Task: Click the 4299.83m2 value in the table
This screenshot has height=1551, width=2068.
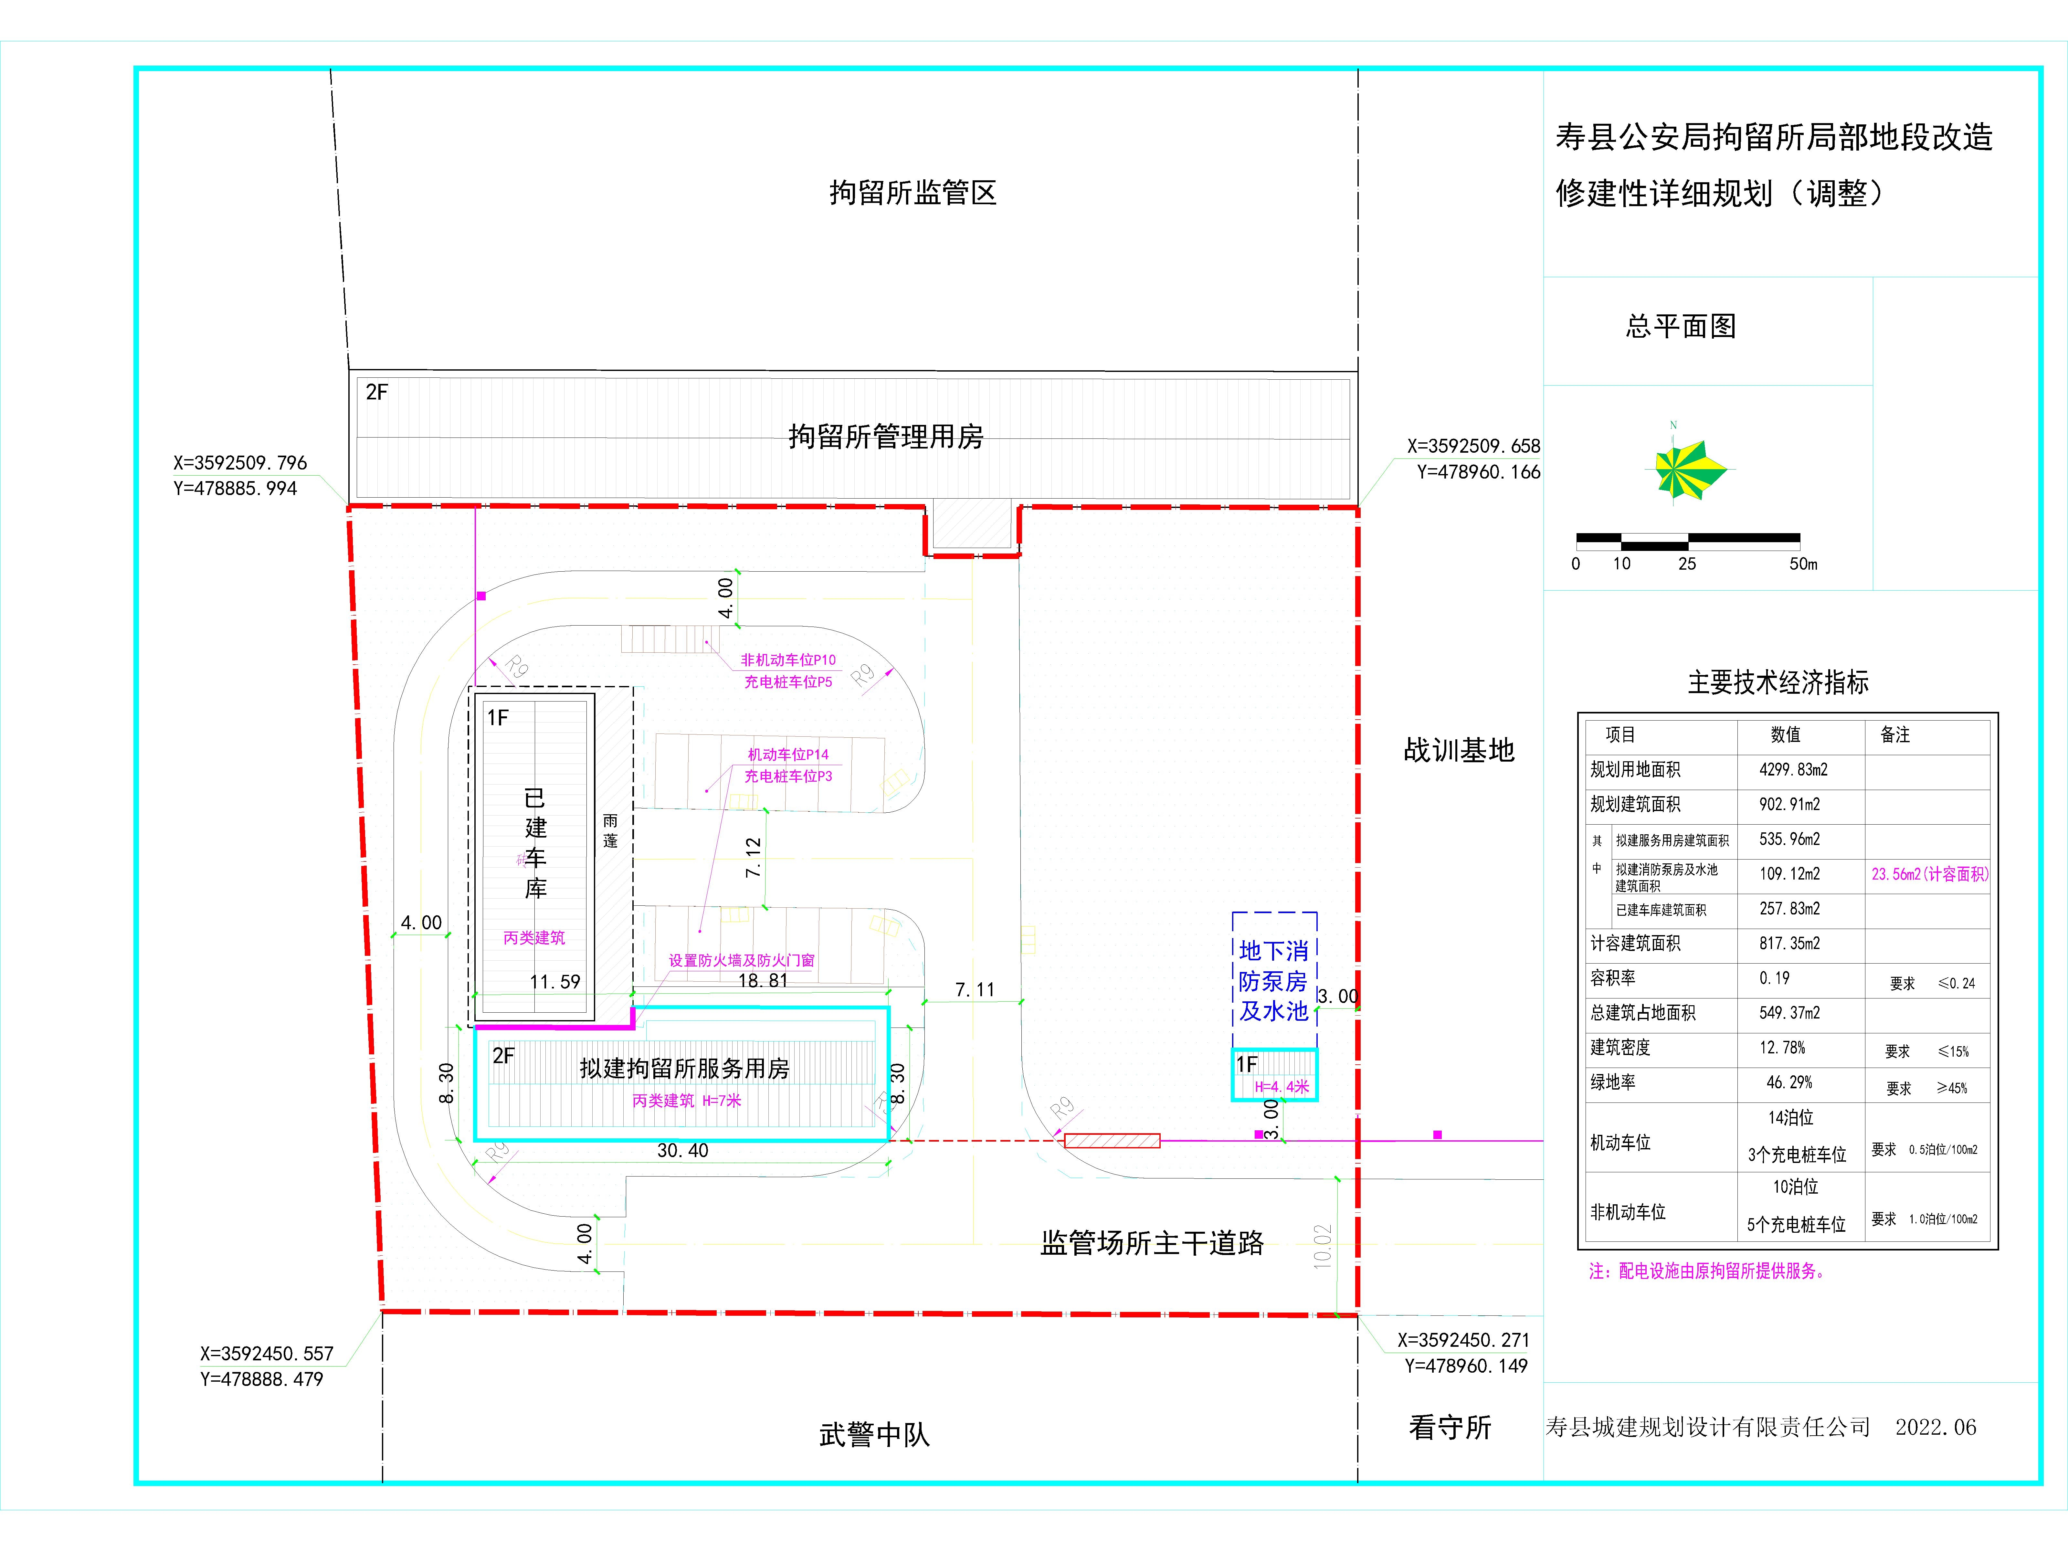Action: (x=1793, y=769)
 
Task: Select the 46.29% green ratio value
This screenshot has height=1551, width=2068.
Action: (x=1788, y=1082)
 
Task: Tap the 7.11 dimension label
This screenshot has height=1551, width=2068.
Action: (x=975, y=989)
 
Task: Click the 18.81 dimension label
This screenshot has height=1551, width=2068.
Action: (x=763, y=981)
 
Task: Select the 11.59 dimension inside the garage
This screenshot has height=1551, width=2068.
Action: (x=554, y=982)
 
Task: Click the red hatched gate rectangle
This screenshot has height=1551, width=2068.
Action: (x=1113, y=1141)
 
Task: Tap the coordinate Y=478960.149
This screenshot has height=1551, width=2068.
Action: (x=1466, y=1366)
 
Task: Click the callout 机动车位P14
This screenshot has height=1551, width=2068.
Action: (x=788, y=754)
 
